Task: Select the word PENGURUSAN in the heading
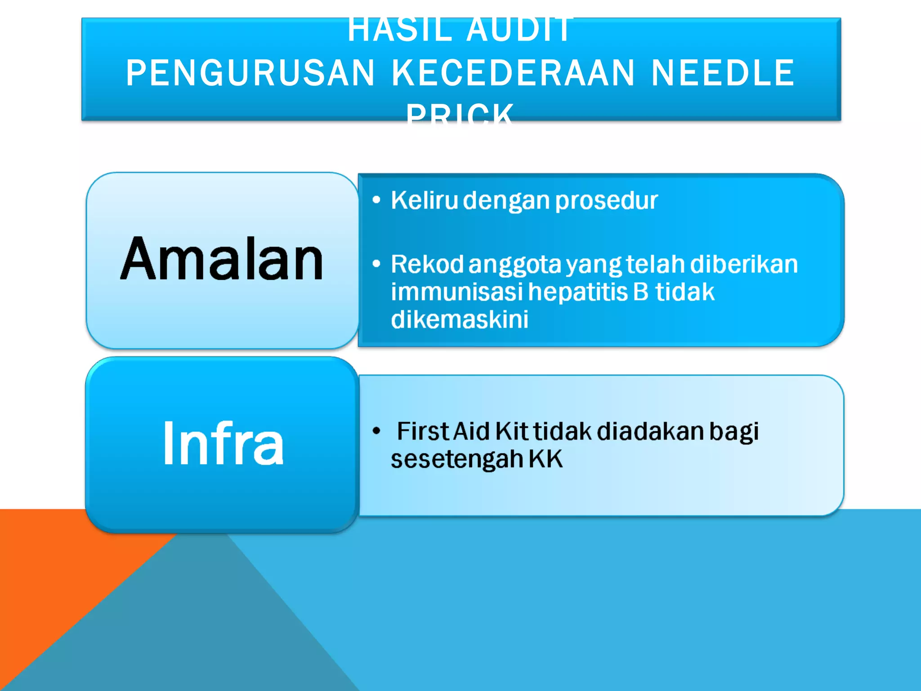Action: coord(250,73)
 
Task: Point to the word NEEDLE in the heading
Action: coord(723,73)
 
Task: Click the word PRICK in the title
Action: coord(460,115)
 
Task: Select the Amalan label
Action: coord(222,260)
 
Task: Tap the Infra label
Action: coord(223,444)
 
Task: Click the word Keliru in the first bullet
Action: coord(424,200)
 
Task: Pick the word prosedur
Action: coord(607,201)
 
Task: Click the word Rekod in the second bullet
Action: coord(427,264)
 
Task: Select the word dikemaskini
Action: coord(459,319)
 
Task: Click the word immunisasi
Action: coord(456,292)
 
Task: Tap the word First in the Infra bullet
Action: coord(423,431)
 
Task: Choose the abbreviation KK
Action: coord(545,459)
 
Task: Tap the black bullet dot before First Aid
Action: coord(377,431)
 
